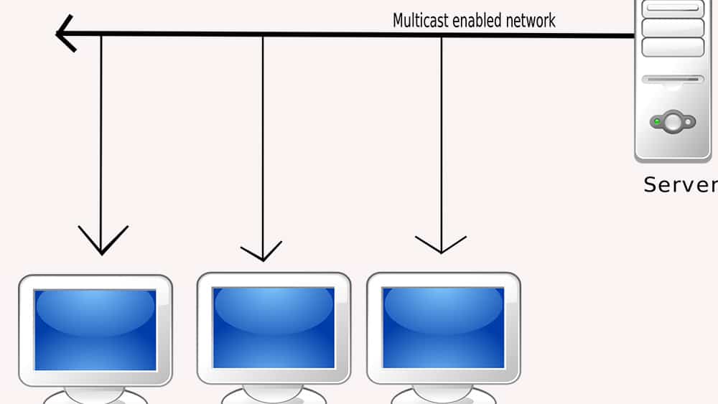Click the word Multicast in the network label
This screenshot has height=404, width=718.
420,20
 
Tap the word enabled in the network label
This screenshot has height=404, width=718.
475,20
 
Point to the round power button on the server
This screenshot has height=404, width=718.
673,122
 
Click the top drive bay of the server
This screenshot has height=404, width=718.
673,9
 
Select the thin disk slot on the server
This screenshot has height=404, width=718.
673,80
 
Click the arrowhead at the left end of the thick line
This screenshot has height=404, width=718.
63,34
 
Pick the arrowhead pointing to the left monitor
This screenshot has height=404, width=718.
102,244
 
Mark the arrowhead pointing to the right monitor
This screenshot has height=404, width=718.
441,245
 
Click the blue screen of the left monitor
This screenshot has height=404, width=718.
95,329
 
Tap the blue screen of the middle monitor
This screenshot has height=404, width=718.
274,327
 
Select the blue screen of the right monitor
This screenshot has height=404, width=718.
443,327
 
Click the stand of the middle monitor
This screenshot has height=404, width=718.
274,394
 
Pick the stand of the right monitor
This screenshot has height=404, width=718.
443,394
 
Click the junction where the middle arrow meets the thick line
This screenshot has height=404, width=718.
263,34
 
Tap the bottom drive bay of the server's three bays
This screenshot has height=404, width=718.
673,47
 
